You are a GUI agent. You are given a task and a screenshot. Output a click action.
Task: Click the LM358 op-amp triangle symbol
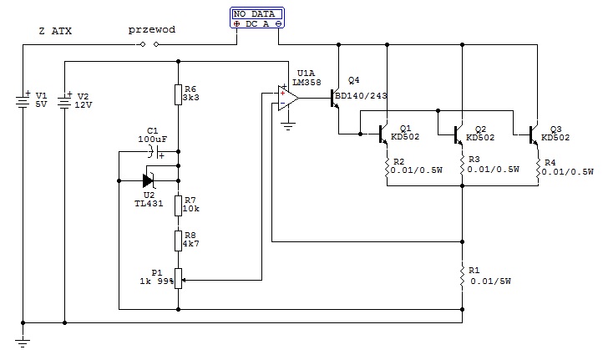(287, 98)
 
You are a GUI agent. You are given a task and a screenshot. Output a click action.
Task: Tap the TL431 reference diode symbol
(149, 180)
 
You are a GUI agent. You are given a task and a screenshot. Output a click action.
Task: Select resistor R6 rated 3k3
(178, 94)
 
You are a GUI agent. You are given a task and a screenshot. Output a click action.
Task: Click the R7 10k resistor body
(178, 205)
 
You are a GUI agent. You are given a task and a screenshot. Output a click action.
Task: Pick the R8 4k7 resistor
(178, 241)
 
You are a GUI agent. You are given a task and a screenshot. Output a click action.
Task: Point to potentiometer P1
(178, 278)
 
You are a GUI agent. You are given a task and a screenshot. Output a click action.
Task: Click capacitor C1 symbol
(155, 152)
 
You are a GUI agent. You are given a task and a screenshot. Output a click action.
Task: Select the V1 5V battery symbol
(23, 102)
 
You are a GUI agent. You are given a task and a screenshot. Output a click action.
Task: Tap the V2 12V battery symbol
(64, 102)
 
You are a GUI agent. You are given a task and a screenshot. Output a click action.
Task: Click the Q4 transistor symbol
(335, 98)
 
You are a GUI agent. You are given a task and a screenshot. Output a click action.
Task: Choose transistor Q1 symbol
(383, 134)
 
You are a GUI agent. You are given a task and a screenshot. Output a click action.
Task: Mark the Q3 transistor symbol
(534, 135)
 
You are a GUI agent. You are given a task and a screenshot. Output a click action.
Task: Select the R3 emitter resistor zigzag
(462, 165)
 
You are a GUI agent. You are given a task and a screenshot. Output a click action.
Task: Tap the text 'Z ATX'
(55, 31)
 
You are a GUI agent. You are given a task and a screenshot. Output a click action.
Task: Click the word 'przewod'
(152, 29)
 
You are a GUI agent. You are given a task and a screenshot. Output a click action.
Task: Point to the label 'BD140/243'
(361, 95)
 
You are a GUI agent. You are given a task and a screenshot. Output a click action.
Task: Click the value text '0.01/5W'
(491, 281)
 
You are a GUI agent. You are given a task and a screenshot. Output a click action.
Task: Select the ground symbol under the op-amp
(287, 126)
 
